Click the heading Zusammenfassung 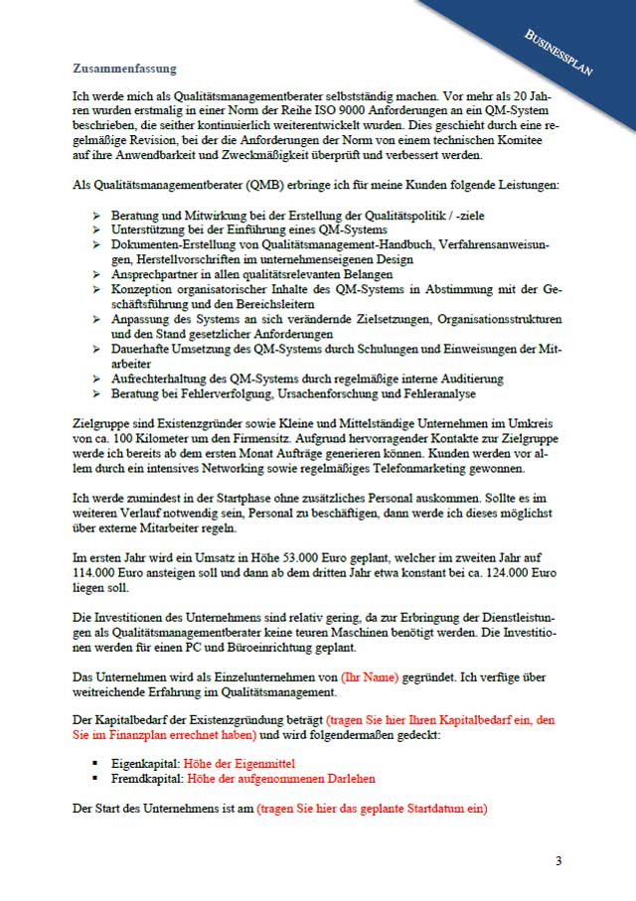124,69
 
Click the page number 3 558,860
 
